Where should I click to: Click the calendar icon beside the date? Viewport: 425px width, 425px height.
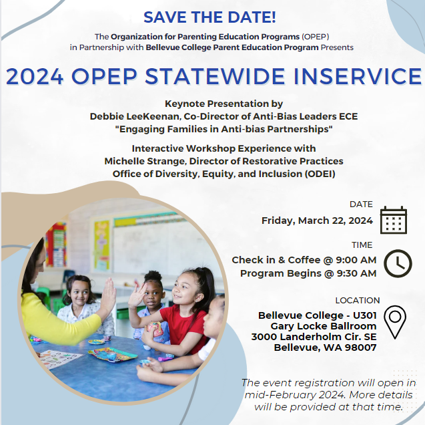coord(394,220)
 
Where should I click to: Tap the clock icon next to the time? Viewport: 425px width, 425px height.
coord(398,263)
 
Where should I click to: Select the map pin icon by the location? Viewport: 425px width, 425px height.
coord(395,322)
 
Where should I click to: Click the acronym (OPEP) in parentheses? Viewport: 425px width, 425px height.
coord(315,37)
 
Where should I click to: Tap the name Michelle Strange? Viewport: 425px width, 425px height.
coord(145,161)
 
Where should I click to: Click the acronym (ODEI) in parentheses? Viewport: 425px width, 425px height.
coord(320,174)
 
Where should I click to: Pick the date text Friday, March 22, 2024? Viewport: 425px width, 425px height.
coord(317,221)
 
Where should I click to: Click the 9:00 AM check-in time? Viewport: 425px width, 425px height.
coord(356,260)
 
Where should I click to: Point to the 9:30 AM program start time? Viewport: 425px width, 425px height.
coord(356,273)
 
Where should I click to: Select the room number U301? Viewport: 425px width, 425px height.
coord(364,315)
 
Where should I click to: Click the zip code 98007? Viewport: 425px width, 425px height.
coord(361,347)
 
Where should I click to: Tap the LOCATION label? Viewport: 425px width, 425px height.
coord(358,301)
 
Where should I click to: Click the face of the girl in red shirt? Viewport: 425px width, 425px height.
coord(185,290)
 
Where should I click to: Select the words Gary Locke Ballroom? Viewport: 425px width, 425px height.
coord(324,326)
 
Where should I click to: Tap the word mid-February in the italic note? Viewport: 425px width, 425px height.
coord(280,395)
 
